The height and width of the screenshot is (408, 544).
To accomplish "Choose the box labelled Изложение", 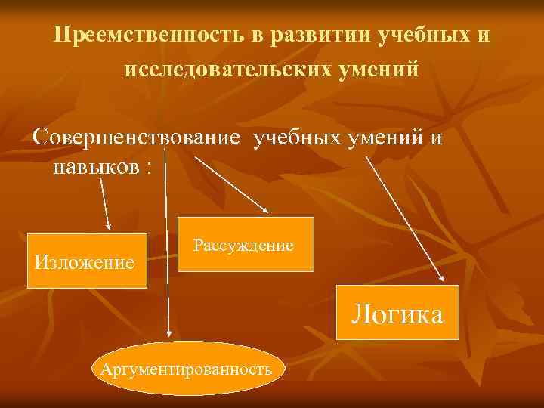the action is pyautogui.click(x=87, y=261).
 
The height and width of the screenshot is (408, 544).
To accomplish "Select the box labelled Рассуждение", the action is pyautogui.click(x=246, y=244).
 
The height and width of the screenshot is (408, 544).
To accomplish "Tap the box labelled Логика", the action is pyautogui.click(x=398, y=312).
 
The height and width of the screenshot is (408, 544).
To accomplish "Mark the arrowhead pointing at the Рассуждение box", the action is pyautogui.click(x=264, y=209).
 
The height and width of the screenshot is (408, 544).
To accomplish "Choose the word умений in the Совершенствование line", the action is pyautogui.click(x=386, y=138).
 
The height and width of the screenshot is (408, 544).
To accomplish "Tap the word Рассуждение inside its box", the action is pyautogui.click(x=244, y=245).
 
